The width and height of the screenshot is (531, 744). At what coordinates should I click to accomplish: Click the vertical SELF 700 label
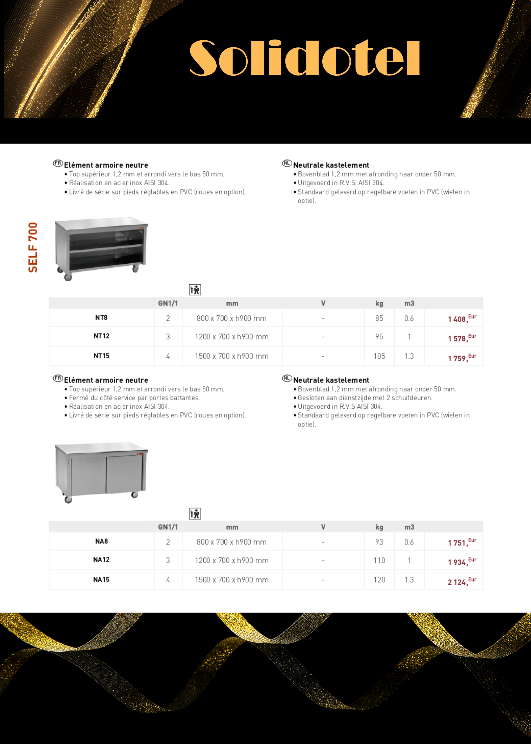(33, 247)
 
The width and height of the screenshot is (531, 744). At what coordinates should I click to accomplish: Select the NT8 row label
(101, 318)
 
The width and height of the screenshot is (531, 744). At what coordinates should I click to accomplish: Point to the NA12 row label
(101, 560)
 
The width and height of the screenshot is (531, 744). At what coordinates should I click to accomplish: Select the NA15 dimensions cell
(232, 580)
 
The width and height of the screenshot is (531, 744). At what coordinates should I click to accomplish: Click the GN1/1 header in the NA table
(168, 527)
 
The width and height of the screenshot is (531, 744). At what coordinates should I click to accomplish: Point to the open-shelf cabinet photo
(101, 249)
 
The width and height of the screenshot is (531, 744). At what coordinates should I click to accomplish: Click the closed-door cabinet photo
(101, 472)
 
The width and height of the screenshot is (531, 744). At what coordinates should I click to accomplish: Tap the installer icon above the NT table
(195, 290)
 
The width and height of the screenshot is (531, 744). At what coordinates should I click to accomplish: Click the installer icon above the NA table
(195, 514)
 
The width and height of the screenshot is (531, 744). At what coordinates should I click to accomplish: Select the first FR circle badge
(58, 163)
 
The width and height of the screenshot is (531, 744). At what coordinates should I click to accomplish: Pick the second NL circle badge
(287, 378)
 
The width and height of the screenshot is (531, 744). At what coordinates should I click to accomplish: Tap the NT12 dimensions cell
(232, 337)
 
